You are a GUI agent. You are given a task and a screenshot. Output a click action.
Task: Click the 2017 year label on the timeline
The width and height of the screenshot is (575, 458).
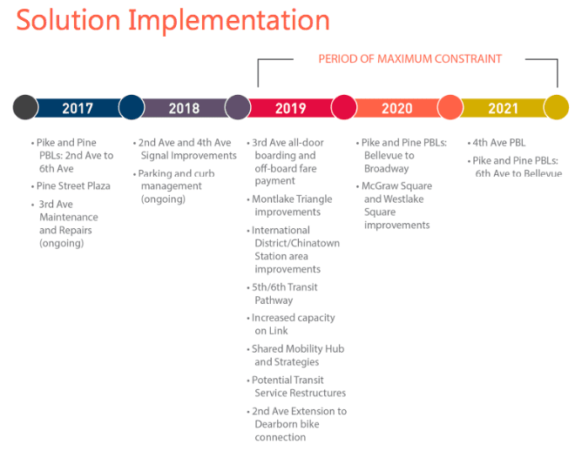point(78,108)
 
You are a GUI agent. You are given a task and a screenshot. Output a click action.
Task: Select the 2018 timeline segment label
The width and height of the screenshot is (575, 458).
point(184,108)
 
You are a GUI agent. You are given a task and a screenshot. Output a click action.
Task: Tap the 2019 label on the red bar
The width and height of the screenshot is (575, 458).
point(290,108)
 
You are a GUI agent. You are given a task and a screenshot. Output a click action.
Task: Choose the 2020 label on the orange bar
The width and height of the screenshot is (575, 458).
point(396,108)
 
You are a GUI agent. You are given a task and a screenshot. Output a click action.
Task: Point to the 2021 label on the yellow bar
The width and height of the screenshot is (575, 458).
point(504,108)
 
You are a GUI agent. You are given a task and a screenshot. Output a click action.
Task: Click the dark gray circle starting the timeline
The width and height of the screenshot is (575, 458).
point(25,107)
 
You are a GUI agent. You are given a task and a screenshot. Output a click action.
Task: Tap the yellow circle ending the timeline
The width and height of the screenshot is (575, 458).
point(557,107)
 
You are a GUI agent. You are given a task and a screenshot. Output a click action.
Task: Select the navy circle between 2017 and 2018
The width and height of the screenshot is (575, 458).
point(132,107)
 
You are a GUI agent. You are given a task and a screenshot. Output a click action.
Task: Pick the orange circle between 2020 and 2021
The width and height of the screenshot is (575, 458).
point(450,107)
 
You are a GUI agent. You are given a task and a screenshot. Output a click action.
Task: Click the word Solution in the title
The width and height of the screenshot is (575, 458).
point(69,20)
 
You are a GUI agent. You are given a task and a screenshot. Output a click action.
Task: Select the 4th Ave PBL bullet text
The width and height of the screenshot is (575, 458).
point(498,143)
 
